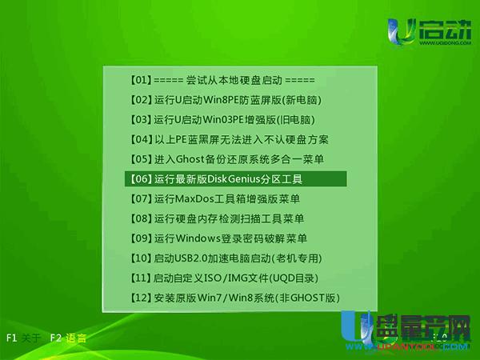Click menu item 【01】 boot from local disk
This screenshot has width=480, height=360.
coord(222,81)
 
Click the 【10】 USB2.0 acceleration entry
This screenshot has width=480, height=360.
coord(225,258)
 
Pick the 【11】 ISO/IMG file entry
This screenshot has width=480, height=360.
coord(223,278)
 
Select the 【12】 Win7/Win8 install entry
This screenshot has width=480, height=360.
coord(234,298)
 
